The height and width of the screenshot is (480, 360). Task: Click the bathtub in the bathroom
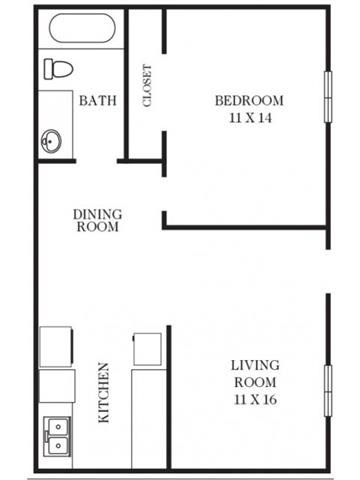coord(80,29)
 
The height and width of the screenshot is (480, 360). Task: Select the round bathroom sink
coord(51,141)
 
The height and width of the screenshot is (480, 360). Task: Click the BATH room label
coord(97,100)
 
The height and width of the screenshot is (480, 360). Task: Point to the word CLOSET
coord(147,87)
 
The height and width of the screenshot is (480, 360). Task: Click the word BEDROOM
coord(249,100)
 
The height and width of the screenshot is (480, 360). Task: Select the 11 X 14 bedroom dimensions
coord(249,117)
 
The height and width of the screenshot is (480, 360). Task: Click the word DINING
coord(97,213)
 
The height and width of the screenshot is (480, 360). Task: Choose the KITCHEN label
coord(104,393)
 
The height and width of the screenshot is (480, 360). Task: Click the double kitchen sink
coord(56,435)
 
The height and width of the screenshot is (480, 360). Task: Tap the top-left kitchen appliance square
coord(56,346)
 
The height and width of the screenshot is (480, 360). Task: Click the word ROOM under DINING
coord(97,227)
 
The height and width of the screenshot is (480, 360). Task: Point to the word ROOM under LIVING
coord(255,382)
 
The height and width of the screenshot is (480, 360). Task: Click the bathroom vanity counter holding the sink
coord(56,125)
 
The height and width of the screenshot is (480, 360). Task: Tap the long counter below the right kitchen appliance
coord(148,415)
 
